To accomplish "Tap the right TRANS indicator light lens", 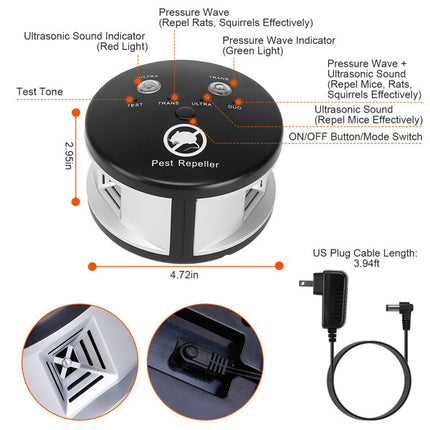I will (x=211, y=84).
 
